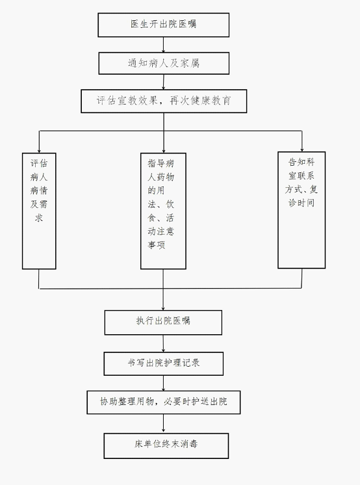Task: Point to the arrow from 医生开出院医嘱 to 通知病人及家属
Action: [163, 45]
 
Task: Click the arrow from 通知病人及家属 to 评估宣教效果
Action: [163, 82]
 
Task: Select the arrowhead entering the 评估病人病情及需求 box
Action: [39, 151]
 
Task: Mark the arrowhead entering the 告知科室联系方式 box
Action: [302, 150]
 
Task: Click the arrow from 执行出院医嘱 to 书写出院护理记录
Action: [163, 343]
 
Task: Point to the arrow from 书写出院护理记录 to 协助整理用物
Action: [163, 383]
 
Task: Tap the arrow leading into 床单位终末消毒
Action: [163, 423]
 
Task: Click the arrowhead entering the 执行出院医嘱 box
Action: [163, 308]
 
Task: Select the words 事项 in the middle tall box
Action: [157, 245]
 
